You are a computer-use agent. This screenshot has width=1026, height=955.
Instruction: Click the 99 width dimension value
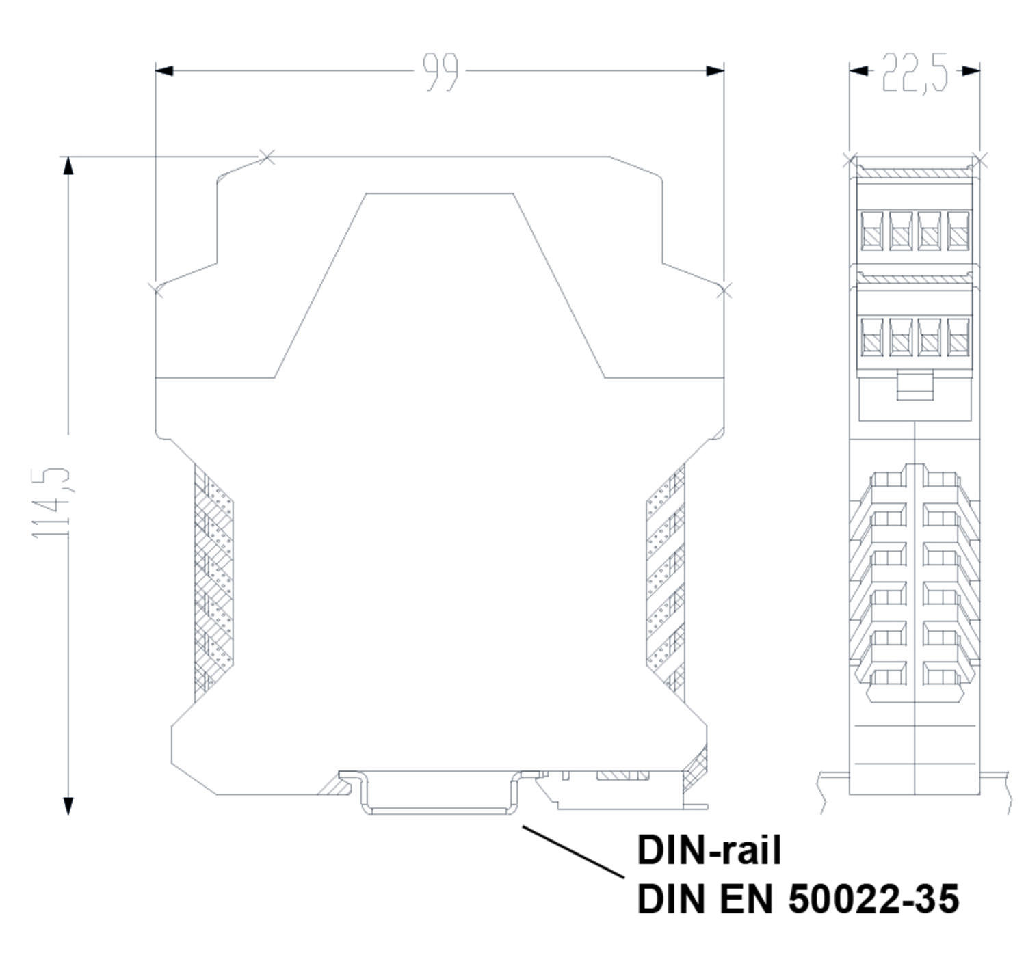point(440,72)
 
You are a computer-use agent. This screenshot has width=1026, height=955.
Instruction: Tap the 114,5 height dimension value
point(51,502)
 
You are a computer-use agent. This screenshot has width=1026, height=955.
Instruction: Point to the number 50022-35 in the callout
point(873,899)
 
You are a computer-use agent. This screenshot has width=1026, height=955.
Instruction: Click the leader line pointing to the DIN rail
point(573,852)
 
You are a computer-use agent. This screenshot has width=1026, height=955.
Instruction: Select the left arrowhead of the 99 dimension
point(165,70)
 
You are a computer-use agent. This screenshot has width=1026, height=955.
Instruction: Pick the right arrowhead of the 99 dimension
point(715,70)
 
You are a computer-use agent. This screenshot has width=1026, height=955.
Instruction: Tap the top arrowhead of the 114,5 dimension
point(68,165)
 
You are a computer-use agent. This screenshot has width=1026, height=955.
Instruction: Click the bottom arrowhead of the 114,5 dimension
point(68,806)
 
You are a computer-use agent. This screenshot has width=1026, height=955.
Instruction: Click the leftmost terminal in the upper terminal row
point(871,230)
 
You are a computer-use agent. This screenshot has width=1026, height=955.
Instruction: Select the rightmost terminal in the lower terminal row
point(958,336)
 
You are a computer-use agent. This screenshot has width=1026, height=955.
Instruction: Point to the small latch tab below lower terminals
point(915,386)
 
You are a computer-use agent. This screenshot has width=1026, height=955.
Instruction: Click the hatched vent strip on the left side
point(213,581)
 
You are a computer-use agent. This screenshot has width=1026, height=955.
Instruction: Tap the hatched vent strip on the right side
point(666,581)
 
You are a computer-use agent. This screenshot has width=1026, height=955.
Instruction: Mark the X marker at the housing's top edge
point(267,157)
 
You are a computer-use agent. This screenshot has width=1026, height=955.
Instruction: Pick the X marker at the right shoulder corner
point(724,291)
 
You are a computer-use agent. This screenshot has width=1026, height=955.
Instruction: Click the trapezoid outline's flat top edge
point(440,193)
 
